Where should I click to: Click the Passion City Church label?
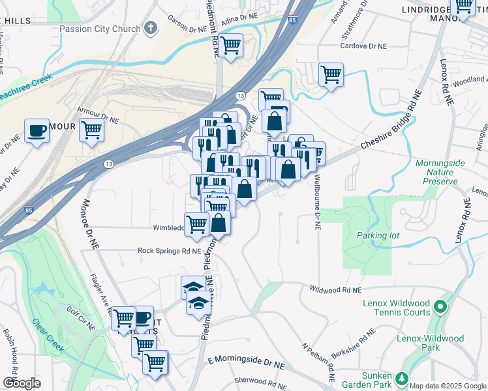(100, 29)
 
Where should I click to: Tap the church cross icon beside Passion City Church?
(151, 29)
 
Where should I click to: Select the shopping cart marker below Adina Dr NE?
(230, 46)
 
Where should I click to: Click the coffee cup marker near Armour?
(37, 130)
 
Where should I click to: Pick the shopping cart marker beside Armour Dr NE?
(91, 130)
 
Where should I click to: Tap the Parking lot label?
(373, 235)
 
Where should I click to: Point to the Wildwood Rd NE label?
(335, 289)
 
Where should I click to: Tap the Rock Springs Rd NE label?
(168, 250)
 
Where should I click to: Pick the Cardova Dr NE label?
(364, 46)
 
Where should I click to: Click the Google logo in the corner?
(22, 383)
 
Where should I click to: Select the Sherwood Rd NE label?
(257, 380)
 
